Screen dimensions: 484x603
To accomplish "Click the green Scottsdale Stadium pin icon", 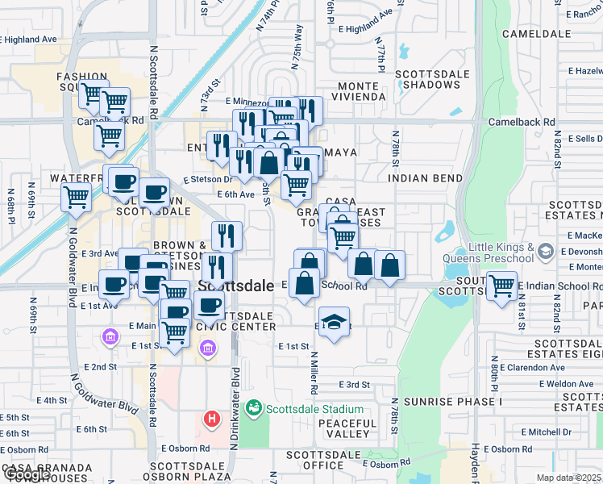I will [x=254, y=408].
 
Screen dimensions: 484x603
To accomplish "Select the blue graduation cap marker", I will [x=334, y=323].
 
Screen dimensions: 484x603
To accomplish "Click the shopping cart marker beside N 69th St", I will [x=76, y=196].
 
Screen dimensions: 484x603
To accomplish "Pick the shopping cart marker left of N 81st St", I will [x=501, y=285].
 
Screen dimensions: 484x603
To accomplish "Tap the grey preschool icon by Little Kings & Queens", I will [x=546, y=252].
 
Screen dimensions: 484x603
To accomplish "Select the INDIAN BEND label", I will [x=425, y=178].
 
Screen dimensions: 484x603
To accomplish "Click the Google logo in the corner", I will [x=27, y=475].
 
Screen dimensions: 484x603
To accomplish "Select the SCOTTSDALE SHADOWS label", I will [x=432, y=78].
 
